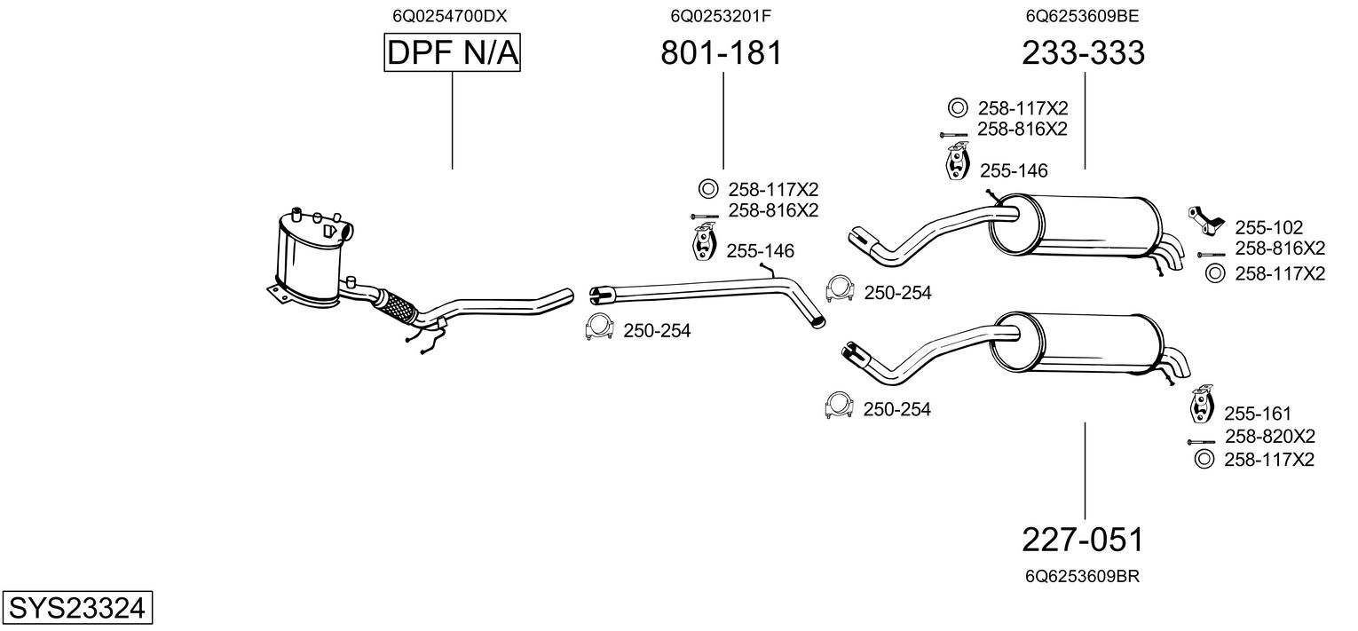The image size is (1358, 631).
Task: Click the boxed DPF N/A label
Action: click(452, 54)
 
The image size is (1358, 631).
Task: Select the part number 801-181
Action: click(722, 54)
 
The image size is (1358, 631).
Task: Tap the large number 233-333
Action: click(1083, 54)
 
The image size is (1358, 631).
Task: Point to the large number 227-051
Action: click(1083, 540)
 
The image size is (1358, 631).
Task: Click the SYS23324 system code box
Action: click(76, 609)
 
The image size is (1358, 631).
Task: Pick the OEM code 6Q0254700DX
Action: click(451, 15)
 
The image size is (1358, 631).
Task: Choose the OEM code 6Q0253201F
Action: click(721, 15)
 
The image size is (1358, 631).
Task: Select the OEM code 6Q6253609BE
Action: click(1082, 15)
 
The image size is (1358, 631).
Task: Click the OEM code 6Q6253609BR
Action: click(1082, 576)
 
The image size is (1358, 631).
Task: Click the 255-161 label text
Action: click(1258, 414)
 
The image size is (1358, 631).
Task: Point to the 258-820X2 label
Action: click(1269, 437)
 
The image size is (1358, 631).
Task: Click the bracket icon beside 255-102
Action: click(1206, 220)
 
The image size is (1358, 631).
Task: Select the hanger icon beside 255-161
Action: click(1201, 405)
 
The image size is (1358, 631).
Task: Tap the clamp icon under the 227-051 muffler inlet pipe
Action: click(839, 404)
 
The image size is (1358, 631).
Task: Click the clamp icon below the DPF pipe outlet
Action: click(600, 327)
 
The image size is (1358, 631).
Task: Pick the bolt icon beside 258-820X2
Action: click(1201, 441)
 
